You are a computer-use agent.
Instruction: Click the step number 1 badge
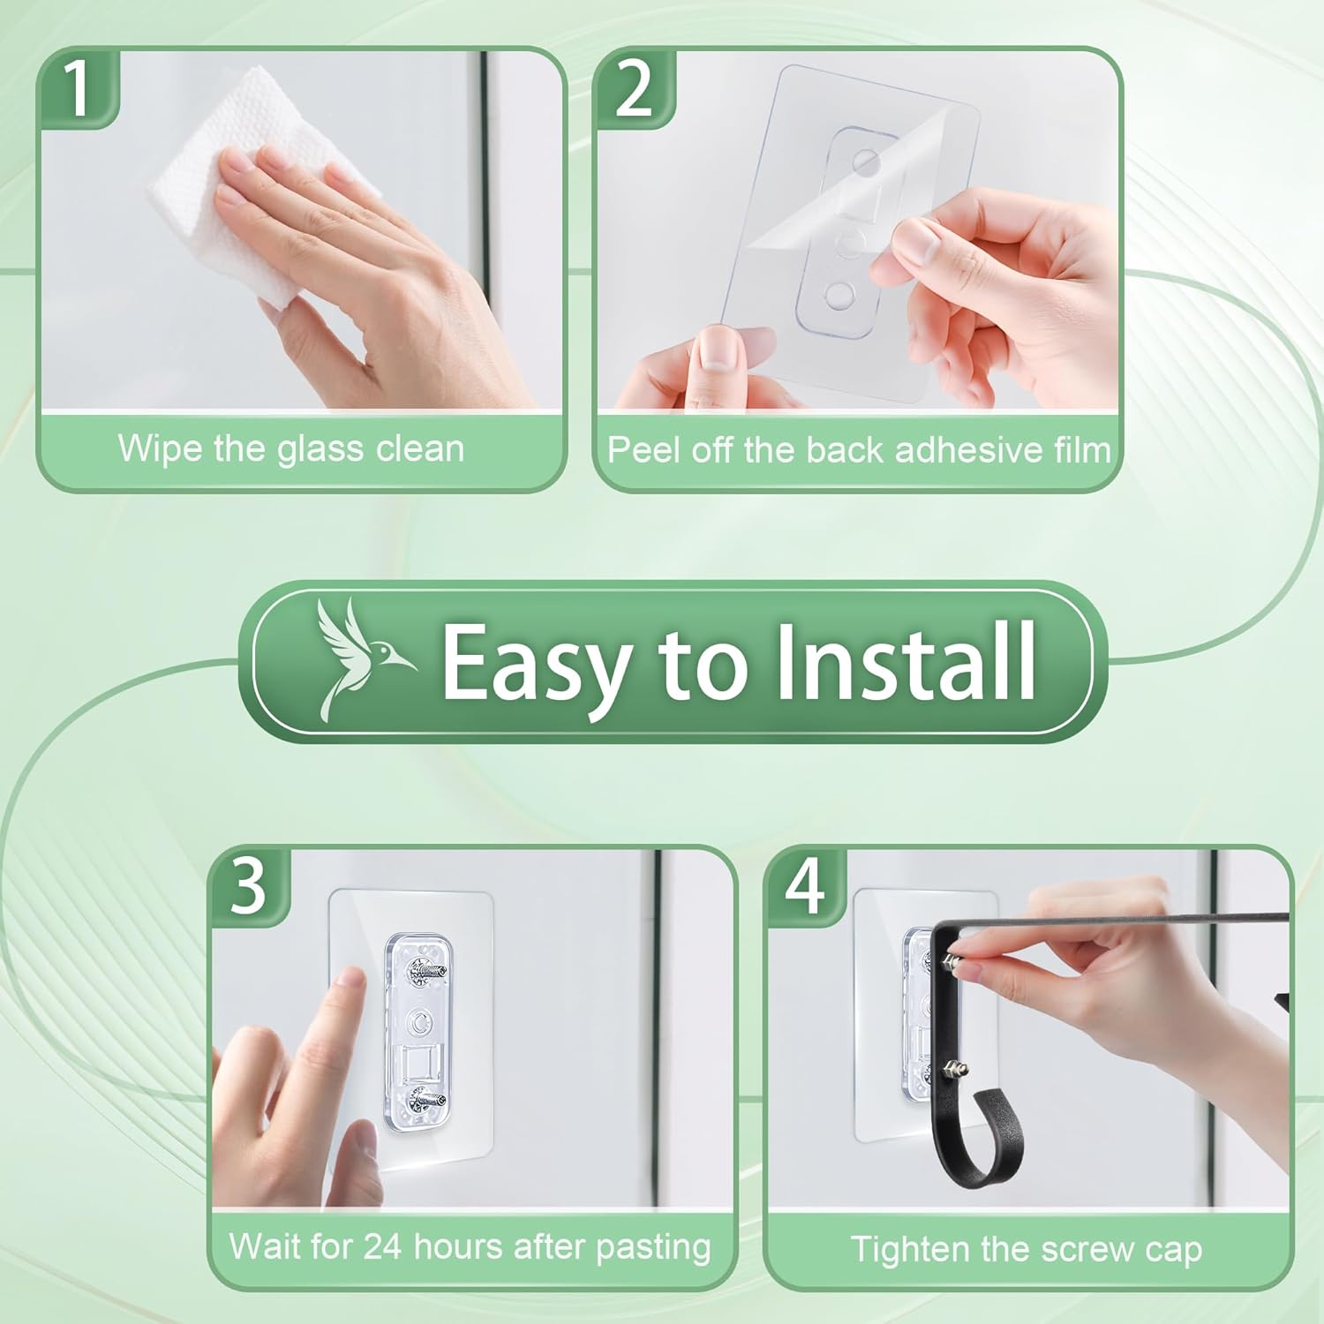coord(79,88)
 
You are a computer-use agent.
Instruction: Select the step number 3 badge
coord(248,886)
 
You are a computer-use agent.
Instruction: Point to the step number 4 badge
coord(805,886)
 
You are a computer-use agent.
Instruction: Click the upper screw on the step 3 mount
coord(425,973)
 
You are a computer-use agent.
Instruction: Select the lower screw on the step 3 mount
coord(425,1100)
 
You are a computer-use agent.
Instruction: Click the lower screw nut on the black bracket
coord(957,1070)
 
